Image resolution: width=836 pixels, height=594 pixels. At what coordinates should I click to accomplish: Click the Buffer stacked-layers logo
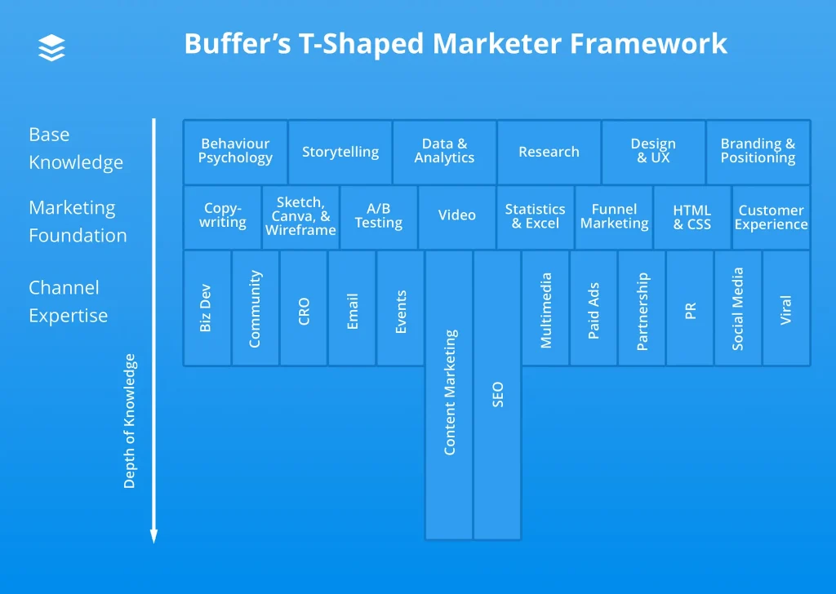(x=51, y=47)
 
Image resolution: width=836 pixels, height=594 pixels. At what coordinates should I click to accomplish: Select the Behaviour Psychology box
(x=235, y=152)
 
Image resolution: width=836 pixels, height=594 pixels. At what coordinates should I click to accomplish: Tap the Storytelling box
(x=340, y=152)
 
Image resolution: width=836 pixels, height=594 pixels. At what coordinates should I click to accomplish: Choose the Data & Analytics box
(x=444, y=152)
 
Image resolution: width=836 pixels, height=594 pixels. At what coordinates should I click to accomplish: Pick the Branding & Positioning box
(x=758, y=152)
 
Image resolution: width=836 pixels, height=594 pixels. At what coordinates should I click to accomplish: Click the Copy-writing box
(x=222, y=216)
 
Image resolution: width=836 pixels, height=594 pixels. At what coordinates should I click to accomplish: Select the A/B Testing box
(x=378, y=216)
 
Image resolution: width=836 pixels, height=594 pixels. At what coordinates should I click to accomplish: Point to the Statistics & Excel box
(x=535, y=216)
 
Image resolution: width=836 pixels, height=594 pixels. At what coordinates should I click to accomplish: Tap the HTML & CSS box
(x=691, y=216)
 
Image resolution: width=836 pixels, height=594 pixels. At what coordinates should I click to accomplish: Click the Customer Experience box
(x=771, y=216)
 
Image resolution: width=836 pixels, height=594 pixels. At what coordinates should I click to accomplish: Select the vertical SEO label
(x=497, y=395)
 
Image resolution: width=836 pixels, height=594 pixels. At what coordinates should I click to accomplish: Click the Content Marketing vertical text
(x=449, y=392)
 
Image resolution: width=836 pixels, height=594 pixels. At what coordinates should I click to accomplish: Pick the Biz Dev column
(x=207, y=308)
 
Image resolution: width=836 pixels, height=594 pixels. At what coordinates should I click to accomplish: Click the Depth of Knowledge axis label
(x=130, y=421)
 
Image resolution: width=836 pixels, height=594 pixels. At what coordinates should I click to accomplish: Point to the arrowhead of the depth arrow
(x=153, y=536)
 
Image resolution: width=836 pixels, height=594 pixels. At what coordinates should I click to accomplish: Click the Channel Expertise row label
(x=68, y=301)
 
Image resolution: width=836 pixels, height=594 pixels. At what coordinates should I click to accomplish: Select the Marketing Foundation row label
(x=78, y=221)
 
